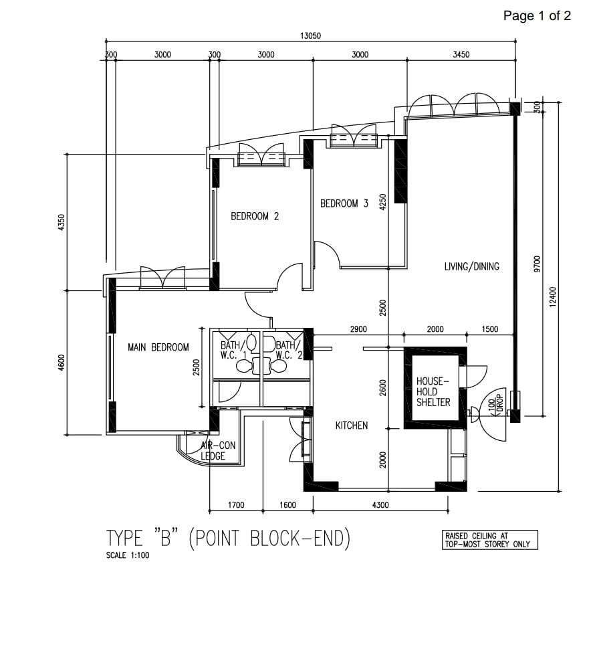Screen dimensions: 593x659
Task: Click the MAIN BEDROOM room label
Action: click(158, 348)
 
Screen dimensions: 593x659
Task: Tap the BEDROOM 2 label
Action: click(255, 217)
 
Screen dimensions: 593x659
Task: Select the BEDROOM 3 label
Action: click(344, 204)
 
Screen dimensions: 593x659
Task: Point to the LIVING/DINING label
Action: click(471, 266)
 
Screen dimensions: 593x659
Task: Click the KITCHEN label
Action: click(352, 426)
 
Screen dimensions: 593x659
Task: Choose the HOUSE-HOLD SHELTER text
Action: click(433, 391)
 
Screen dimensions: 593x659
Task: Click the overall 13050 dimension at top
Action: click(310, 35)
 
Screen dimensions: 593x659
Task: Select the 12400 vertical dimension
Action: click(553, 297)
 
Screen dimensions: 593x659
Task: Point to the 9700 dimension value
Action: click(537, 264)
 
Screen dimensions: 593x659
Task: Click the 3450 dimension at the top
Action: click(461, 54)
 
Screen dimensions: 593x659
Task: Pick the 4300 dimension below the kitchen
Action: click(380, 504)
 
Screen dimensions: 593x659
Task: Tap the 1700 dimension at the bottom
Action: click(236, 504)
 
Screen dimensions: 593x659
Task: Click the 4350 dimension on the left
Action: click(62, 223)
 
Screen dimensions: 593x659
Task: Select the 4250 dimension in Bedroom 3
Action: click(382, 202)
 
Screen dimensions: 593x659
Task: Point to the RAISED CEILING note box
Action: click(487, 540)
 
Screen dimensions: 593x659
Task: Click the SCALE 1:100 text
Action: click(128, 555)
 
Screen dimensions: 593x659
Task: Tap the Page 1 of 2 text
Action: click(537, 16)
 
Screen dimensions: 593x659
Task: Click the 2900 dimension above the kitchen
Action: click(358, 329)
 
